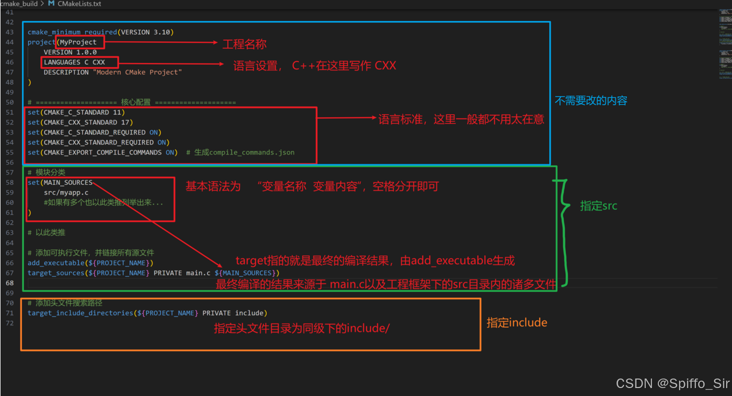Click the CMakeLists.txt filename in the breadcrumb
(x=79, y=4)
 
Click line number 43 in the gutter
(x=10, y=32)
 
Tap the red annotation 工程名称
(x=244, y=44)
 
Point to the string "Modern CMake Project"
(x=138, y=73)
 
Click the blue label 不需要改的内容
(x=591, y=101)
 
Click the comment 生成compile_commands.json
(x=244, y=152)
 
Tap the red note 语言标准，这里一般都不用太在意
(x=461, y=119)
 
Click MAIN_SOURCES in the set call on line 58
(x=68, y=183)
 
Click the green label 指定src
(x=599, y=206)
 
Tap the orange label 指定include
(x=516, y=322)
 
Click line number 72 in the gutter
(x=10, y=323)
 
